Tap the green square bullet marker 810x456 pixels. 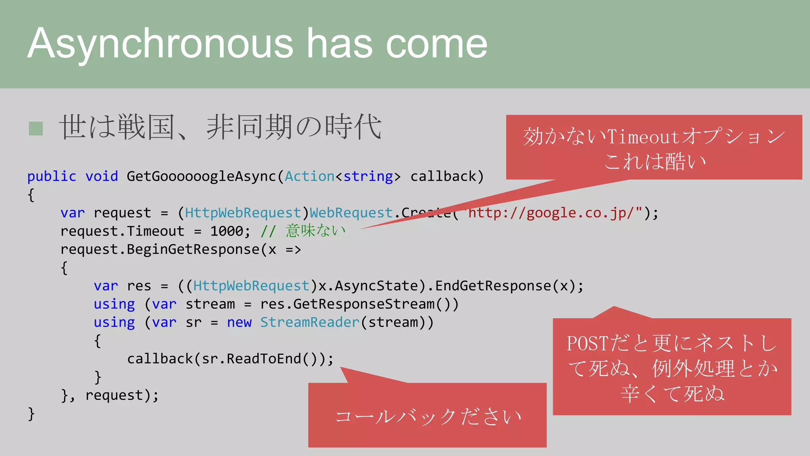pos(36,128)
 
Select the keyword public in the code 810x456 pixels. pos(51,176)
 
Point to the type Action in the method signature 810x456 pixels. pos(309,176)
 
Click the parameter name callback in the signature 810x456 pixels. pos(443,176)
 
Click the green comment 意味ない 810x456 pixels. pos(315,230)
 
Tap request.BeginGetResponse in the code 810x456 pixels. pos(160,249)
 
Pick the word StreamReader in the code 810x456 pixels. pos(310,322)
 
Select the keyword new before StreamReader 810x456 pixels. pos(239,322)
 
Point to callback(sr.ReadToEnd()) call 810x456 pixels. pos(229,359)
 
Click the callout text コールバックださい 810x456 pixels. pos(428,416)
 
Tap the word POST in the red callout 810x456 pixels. pos(587,343)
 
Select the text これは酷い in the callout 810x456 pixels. pos(655,161)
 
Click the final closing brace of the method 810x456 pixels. pos(31,413)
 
